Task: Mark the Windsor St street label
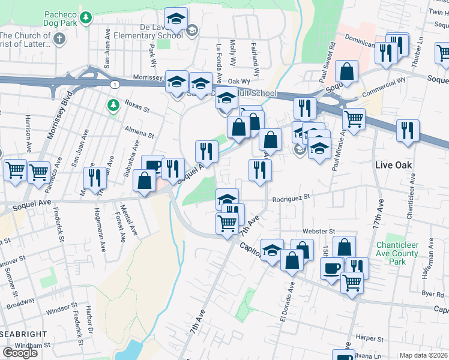click(x=58, y=310)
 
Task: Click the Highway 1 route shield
click(x=114, y=85)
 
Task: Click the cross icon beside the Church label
click(x=59, y=38)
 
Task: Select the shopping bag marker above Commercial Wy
click(x=346, y=71)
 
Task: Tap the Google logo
click(x=20, y=353)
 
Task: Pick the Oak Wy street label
click(x=238, y=81)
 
